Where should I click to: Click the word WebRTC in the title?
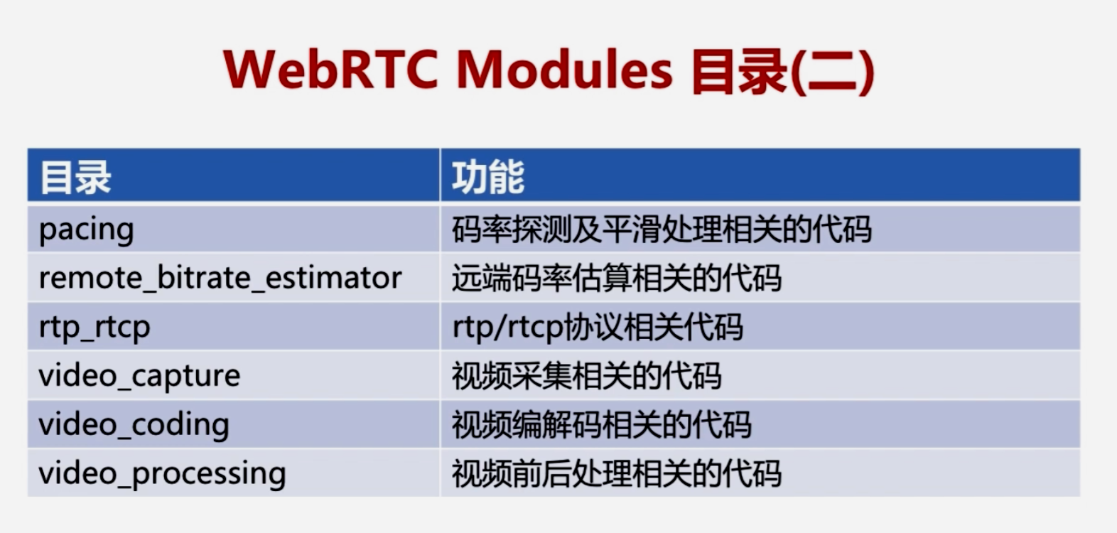pyautogui.click(x=330, y=69)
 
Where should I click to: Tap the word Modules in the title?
pyautogui.click(x=564, y=69)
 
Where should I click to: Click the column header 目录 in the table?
pyautogui.click(x=75, y=178)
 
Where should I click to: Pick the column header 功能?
pyautogui.click(x=488, y=177)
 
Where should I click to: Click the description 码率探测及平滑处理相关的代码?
pyautogui.click(x=662, y=230)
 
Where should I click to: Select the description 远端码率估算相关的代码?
pyautogui.click(x=616, y=278)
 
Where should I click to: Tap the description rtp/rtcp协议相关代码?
pyautogui.click(x=598, y=328)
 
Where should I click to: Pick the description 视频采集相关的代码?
pyautogui.click(x=586, y=376)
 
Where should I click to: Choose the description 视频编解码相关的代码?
pyautogui.click(x=601, y=425)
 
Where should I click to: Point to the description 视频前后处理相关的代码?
pyautogui.click(x=616, y=474)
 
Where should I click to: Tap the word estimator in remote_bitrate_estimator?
pyautogui.click(x=333, y=277)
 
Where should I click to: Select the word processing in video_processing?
pyautogui.click(x=209, y=474)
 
